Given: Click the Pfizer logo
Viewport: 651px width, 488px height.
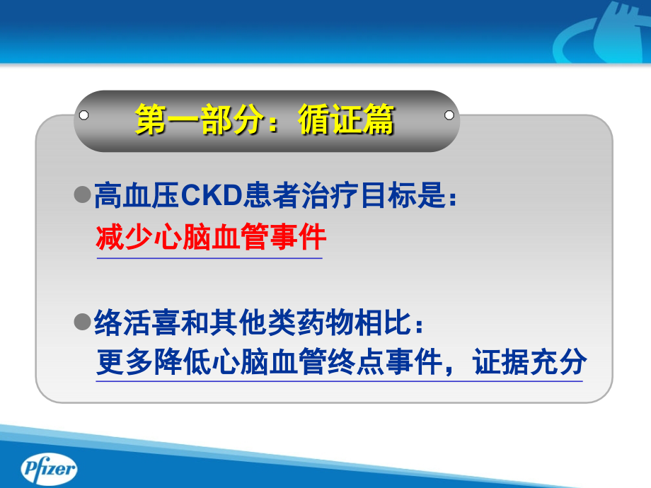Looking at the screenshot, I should coord(49,469).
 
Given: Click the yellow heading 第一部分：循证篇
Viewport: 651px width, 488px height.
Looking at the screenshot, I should coord(265,120).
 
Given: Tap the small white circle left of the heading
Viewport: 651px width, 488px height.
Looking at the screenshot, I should coord(84,115).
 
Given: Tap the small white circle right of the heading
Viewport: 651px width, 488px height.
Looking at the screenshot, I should coord(449,115).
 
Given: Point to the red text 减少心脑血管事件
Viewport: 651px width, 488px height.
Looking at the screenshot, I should coord(211,238).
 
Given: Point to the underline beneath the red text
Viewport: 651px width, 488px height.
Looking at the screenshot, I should coord(209,258).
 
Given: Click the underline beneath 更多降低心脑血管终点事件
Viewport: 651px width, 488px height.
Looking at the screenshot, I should coord(340,382).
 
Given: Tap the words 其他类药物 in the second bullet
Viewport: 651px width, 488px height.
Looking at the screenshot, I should coord(283,324).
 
